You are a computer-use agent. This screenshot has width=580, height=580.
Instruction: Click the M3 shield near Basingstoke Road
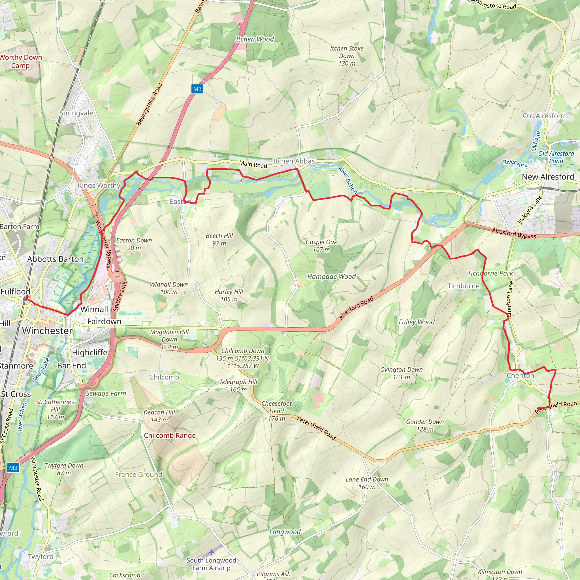pyautogui.click(x=197, y=89)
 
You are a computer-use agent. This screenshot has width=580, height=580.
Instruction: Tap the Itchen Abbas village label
pyautogui.click(x=294, y=161)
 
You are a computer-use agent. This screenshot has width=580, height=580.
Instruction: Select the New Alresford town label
pyautogui.click(x=548, y=177)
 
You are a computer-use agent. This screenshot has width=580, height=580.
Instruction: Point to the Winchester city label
pyautogui.click(x=47, y=331)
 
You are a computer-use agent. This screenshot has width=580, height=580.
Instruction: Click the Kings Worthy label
pyautogui.click(x=99, y=185)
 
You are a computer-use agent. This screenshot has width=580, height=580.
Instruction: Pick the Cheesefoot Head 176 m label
pyautogui.click(x=276, y=411)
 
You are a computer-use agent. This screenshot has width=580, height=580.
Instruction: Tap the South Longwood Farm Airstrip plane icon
pyautogui.click(x=212, y=552)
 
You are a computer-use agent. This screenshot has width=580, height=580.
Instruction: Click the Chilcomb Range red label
pyautogui.click(x=170, y=435)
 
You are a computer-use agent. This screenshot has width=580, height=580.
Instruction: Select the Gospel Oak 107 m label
pyautogui.click(x=321, y=246)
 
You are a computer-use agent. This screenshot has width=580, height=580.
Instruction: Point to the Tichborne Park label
pyautogui.click(x=490, y=273)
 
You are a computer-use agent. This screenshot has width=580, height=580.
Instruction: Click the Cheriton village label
pyautogui.click(x=520, y=376)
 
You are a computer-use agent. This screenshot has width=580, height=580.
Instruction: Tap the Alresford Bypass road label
pyautogui.click(x=514, y=233)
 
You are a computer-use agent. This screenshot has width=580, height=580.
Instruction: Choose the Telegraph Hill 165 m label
pyautogui.click(x=238, y=385)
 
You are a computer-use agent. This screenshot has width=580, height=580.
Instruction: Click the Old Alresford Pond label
pyautogui.click(x=556, y=157)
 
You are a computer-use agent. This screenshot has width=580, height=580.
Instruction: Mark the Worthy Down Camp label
pyautogui.click(x=20, y=61)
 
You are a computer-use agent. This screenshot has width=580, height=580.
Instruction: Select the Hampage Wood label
pyautogui.click(x=331, y=276)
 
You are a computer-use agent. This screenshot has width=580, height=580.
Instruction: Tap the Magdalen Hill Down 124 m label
pyautogui.click(x=169, y=339)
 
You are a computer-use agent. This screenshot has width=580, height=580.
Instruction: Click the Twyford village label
pyautogui.click(x=40, y=556)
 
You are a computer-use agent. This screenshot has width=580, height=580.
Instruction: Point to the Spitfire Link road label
pyautogui.click(x=120, y=296)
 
